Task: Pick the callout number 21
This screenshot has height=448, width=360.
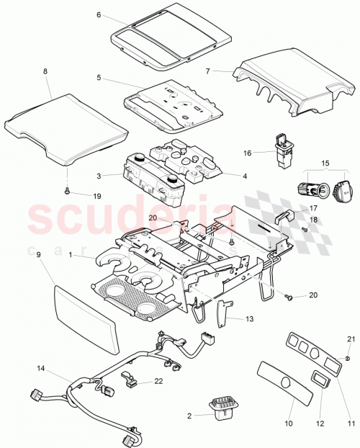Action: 351,339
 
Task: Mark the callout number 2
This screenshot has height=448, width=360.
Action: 189,416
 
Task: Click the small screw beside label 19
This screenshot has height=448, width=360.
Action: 66,192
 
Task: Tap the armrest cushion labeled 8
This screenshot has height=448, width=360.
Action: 68,126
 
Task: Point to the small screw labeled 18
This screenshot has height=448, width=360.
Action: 305,230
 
